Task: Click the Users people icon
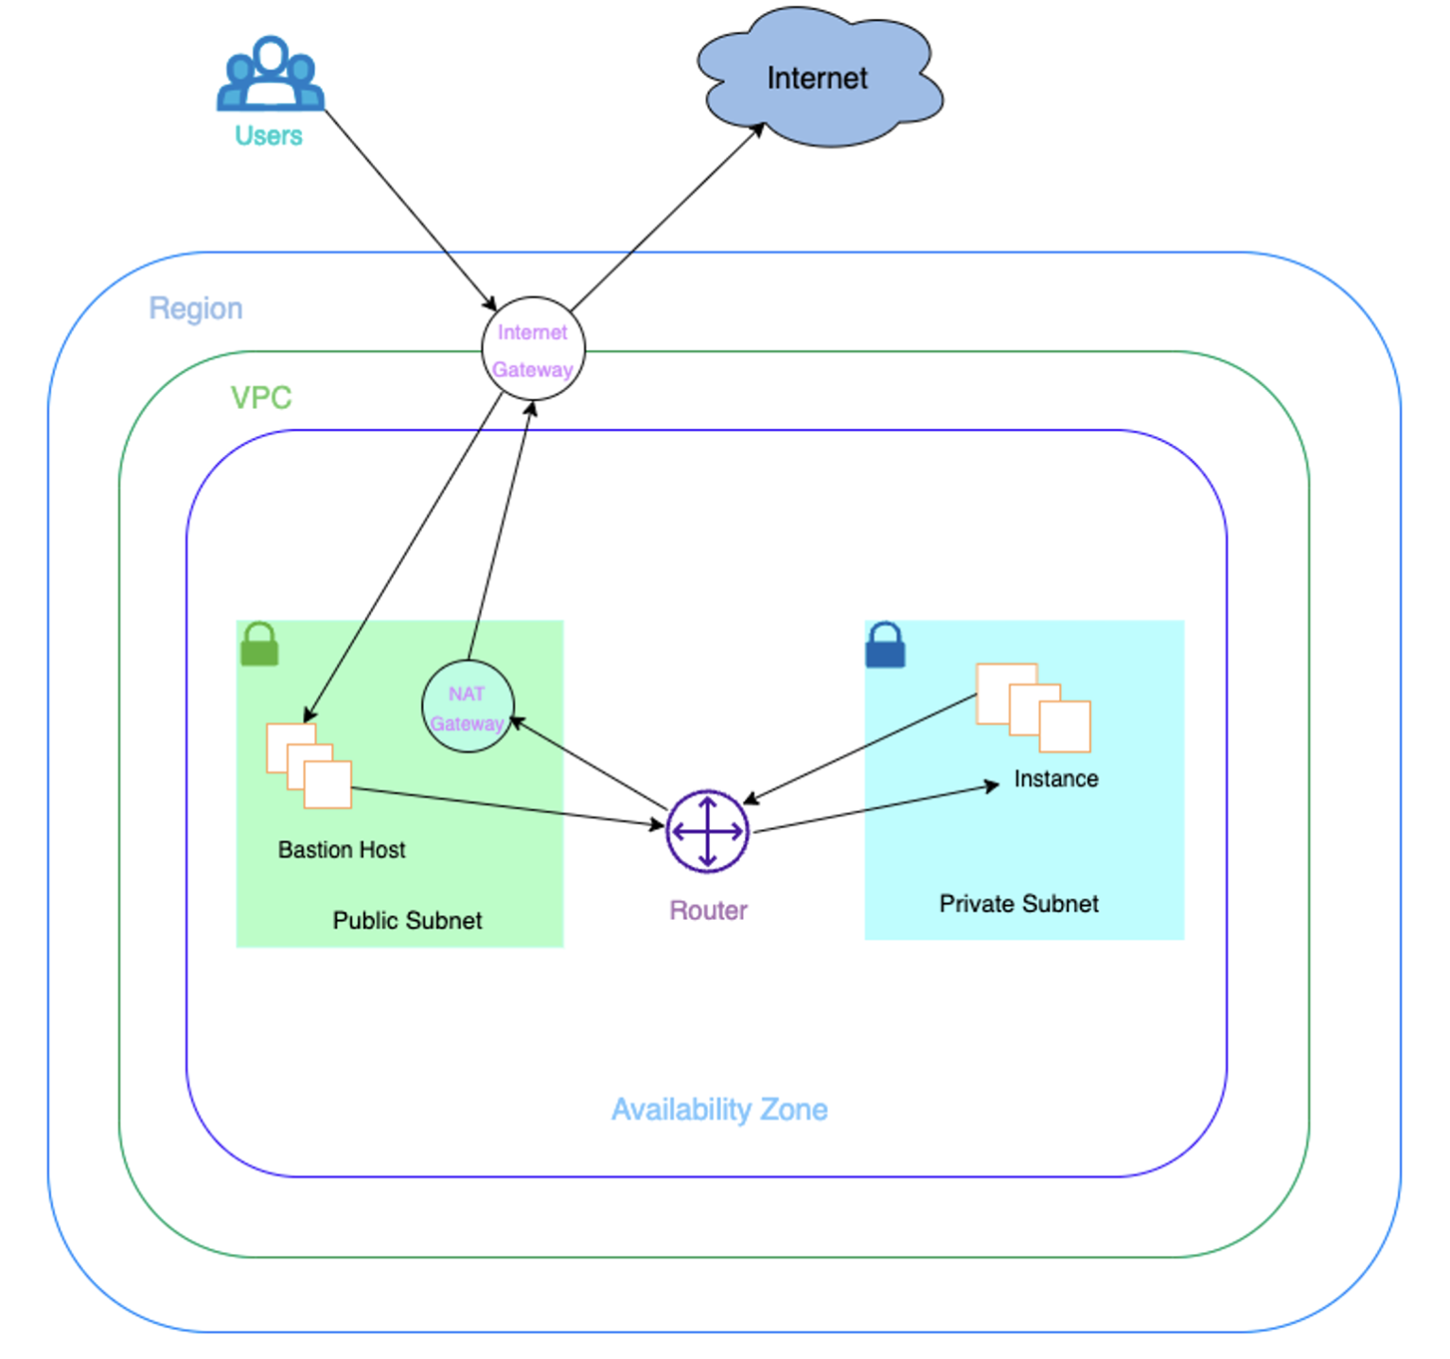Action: click(x=271, y=73)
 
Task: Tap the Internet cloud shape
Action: click(x=820, y=78)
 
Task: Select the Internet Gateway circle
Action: click(x=533, y=349)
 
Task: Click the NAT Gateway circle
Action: click(x=468, y=706)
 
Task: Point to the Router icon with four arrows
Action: click(x=707, y=832)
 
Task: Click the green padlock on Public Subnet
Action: click(x=259, y=644)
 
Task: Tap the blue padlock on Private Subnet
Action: click(x=885, y=644)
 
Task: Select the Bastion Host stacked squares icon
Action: click(x=309, y=766)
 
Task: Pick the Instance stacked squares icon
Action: click(x=1034, y=708)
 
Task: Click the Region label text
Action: click(x=196, y=309)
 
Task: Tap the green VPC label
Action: click(x=261, y=397)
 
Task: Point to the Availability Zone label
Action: click(x=719, y=1109)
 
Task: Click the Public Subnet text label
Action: click(x=407, y=920)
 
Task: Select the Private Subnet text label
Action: click(x=1018, y=904)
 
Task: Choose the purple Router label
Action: click(x=708, y=910)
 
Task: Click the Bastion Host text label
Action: click(x=342, y=850)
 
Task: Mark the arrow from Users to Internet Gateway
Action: click(x=411, y=211)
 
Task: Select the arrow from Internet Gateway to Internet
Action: click(x=667, y=217)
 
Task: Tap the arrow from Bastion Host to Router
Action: click(x=508, y=807)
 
